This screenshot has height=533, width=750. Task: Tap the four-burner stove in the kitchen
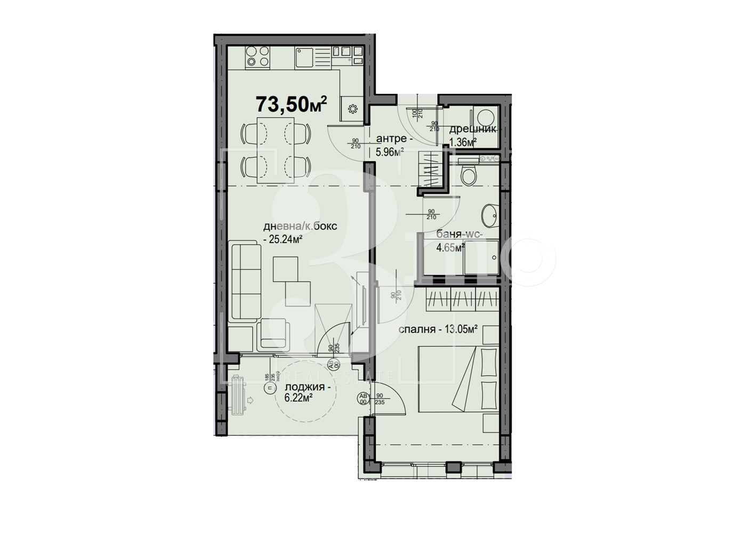tap(258, 56)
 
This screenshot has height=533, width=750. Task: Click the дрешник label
tap(473, 129)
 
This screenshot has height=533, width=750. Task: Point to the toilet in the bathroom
tap(470, 175)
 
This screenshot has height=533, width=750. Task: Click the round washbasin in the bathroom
tap(489, 215)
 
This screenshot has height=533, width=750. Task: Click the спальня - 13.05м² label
tap(438, 329)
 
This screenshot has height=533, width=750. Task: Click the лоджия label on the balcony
tap(308, 387)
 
